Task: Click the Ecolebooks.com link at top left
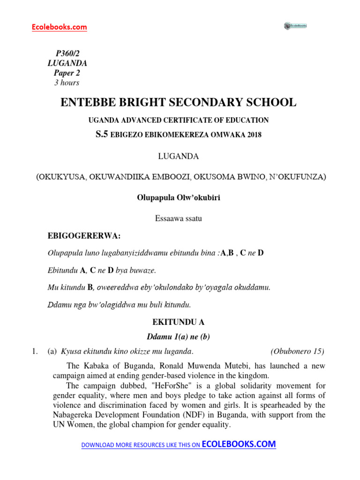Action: coord(59,27)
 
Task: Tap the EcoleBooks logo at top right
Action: coord(295,26)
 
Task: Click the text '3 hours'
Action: coord(67,82)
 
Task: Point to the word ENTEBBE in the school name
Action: coord(88,102)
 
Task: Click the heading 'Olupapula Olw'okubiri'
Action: coord(178,198)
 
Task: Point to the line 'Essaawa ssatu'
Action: coord(178,218)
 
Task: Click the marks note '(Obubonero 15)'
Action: coord(297,351)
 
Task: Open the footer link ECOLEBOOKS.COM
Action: coord(239,444)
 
